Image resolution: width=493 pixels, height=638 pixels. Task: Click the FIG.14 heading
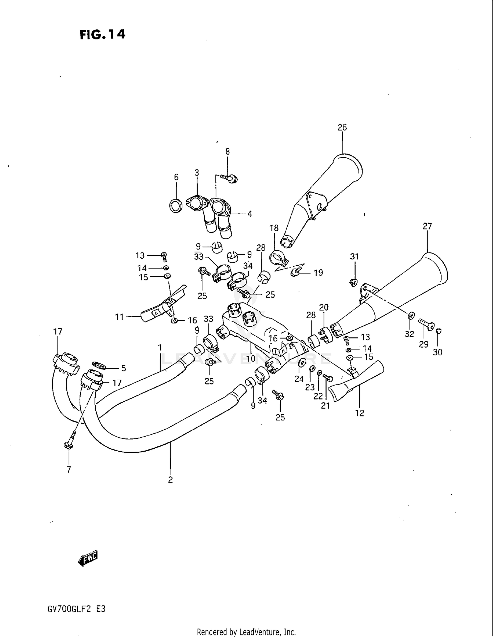tap(102, 35)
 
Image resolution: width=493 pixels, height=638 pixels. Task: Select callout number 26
tap(342, 127)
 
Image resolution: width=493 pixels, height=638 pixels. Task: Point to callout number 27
tap(427, 226)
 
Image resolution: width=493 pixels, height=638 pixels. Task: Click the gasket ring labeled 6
tap(176, 206)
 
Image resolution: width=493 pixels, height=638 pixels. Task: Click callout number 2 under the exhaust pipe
tap(170, 480)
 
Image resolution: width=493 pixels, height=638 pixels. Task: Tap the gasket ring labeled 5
tap(99, 365)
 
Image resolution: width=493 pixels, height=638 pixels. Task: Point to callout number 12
tap(360, 413)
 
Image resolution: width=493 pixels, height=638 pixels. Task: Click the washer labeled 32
tap(411, 316)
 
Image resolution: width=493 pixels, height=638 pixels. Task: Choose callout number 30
tap(437, 352)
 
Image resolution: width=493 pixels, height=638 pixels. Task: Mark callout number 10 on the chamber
tap(251, 358)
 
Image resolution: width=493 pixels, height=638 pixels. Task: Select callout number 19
tap(318, 272)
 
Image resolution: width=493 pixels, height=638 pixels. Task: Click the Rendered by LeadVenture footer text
tap(246, 632)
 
